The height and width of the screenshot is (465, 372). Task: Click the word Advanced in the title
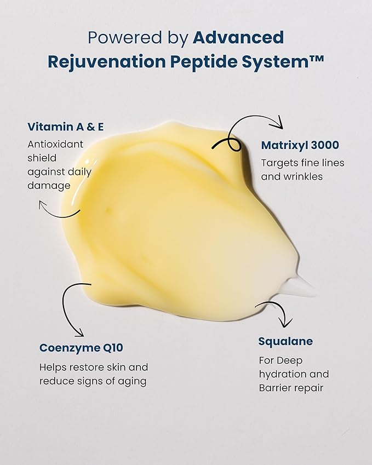238,37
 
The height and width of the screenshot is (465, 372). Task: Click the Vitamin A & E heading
66,127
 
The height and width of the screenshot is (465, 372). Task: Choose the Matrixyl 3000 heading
300,145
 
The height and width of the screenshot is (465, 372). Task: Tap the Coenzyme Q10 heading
81,348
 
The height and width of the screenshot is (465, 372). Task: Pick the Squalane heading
285,341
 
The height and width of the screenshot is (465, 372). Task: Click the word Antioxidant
55,144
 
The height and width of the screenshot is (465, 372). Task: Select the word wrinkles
303,176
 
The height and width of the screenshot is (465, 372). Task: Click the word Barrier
274,388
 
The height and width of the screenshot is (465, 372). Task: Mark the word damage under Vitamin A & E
49,186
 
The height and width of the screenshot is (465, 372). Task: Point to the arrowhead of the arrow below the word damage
42,205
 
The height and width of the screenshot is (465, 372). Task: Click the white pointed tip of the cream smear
314,292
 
